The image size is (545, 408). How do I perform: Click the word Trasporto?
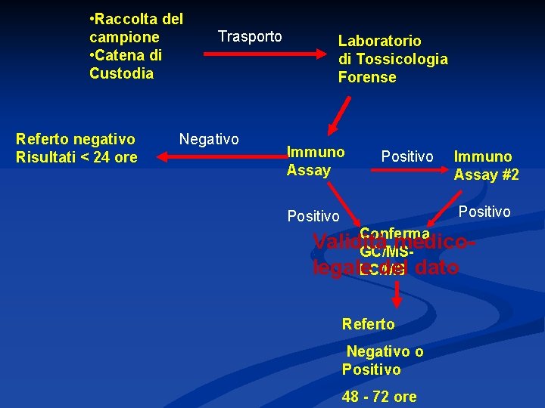(250, 36)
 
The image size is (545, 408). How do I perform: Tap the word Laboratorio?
(379, 41)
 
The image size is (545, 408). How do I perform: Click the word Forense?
(367, 77)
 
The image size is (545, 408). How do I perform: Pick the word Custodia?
(121, 73)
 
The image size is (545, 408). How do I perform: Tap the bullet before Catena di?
(92, 55)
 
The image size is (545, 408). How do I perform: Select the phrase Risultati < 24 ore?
(76, 157)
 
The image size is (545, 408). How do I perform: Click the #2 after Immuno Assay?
(506, 175)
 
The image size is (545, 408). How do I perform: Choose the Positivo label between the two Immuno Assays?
(407, 157)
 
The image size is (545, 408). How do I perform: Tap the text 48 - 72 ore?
(378, 397)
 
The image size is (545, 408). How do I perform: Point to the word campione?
(124, 37)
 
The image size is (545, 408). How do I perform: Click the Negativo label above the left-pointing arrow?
(209, 139)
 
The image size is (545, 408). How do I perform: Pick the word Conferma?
(394, 233)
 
